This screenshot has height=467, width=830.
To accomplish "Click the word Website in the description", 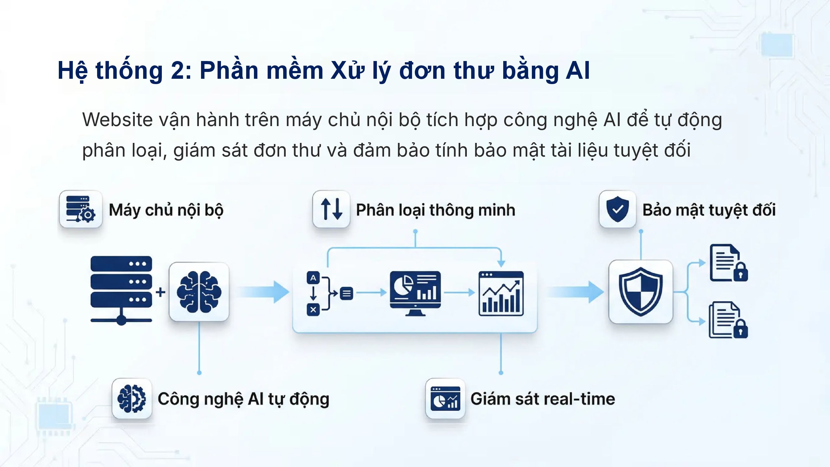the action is (x=117, y=120).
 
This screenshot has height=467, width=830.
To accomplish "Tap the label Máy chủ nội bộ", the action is (x=166, y=210).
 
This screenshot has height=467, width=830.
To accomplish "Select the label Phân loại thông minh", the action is (x=436, y=210).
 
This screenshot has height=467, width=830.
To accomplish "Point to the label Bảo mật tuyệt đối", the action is (x=709, y=210).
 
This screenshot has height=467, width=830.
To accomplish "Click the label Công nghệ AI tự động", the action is (x=243, y=400).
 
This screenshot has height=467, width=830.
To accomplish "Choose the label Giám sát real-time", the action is (x=542, y=399).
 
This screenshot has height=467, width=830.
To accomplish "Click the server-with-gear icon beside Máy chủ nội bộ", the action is (x=81, y=209).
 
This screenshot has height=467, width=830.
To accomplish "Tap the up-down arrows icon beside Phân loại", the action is (x=331, y=209).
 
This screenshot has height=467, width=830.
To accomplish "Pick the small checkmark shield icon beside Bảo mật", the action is (x=617, y=209).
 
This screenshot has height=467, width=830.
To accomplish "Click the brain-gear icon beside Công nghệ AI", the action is (x=132, y=399).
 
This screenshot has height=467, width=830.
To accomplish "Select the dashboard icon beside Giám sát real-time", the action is (x=445, y=399).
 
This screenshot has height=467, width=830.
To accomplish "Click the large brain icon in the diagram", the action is (x=199, y=292).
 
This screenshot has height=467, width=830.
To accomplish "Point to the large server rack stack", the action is (x=121, y=290).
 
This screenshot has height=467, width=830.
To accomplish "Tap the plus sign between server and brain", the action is (x=161, y=292).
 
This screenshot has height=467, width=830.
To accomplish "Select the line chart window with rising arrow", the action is (x=501, y=293).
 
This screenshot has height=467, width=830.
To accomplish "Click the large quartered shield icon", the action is (x=640, y=292).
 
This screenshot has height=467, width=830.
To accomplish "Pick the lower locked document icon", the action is (x=728, y=320).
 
